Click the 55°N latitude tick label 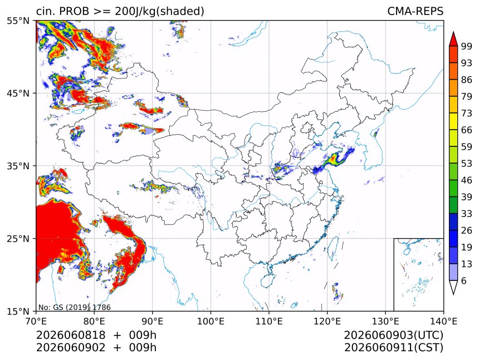point(18,21)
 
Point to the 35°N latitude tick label point(18,166)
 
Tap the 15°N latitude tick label point(18,312)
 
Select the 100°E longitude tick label point(211,322)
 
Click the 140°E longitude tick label point(443,322)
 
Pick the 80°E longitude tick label point(94,322)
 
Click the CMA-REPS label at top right point(415,11)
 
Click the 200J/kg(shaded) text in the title point(159,12)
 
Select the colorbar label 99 point(467,46)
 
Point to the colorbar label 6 point(464,280)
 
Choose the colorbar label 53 point(467,164)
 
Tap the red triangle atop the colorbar point(453,40)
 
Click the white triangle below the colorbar point(453,286)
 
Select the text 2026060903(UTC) point(393,336)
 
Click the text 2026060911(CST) point(393,348)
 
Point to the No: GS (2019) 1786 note point(74,307)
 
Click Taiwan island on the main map point(334,247)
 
